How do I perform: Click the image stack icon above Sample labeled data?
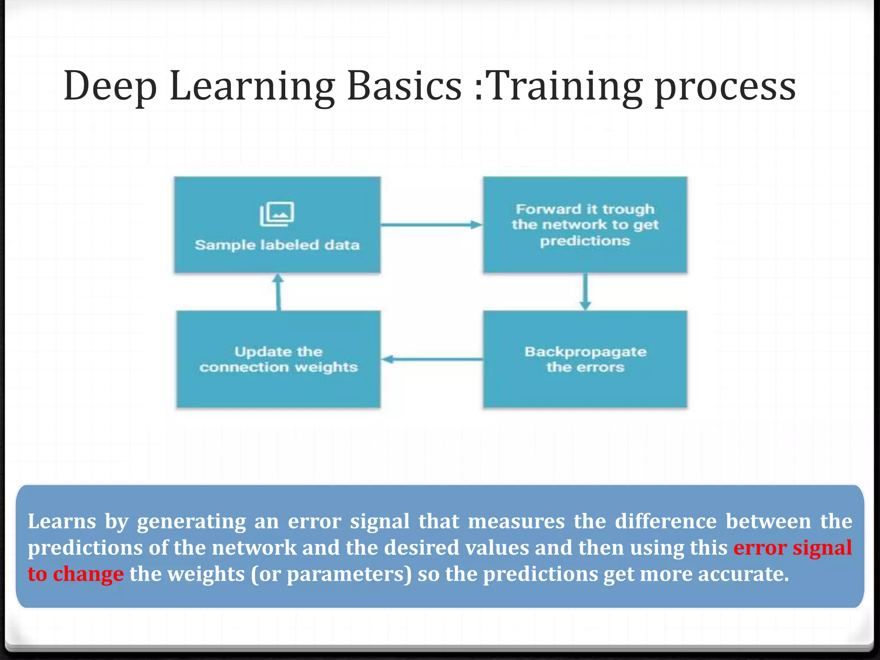pos(277,214)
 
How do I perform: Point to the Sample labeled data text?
pos(277,245)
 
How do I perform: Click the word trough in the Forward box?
pos(628,209)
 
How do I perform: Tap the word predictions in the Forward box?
pos(585,241)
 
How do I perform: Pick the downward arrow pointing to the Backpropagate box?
pos(585,292)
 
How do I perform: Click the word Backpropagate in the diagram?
pos(585,352)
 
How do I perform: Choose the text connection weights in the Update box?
pos(278,367)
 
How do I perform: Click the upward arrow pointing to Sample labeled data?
pos(278,292)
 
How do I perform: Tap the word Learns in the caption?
pos(61,521)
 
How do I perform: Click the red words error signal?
pos(792,547)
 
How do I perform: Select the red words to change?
pos(76,574)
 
